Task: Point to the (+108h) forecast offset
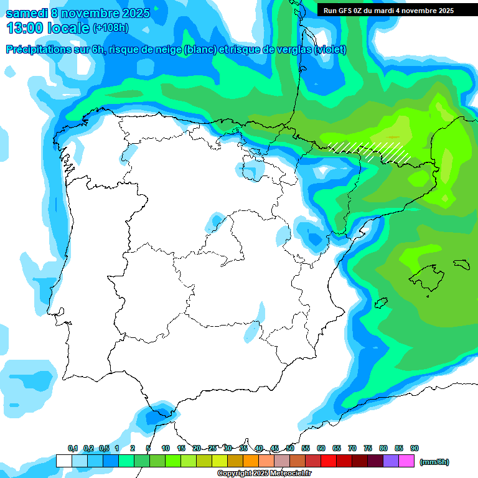(x=110, y=28)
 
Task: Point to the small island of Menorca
(x=460, y=264)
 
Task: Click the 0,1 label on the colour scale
(x=73, y=449)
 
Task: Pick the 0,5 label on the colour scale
(x=104, y=449)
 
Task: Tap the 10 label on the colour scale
(x=166, y=449)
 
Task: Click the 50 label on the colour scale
(x=290, y=449)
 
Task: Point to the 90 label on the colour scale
(x=415, y=449)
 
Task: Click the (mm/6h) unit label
(x=434, y=462)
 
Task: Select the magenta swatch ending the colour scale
(x=406, y=461)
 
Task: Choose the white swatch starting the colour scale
(x=63, y=461)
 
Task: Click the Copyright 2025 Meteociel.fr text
(x=264, y=474)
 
